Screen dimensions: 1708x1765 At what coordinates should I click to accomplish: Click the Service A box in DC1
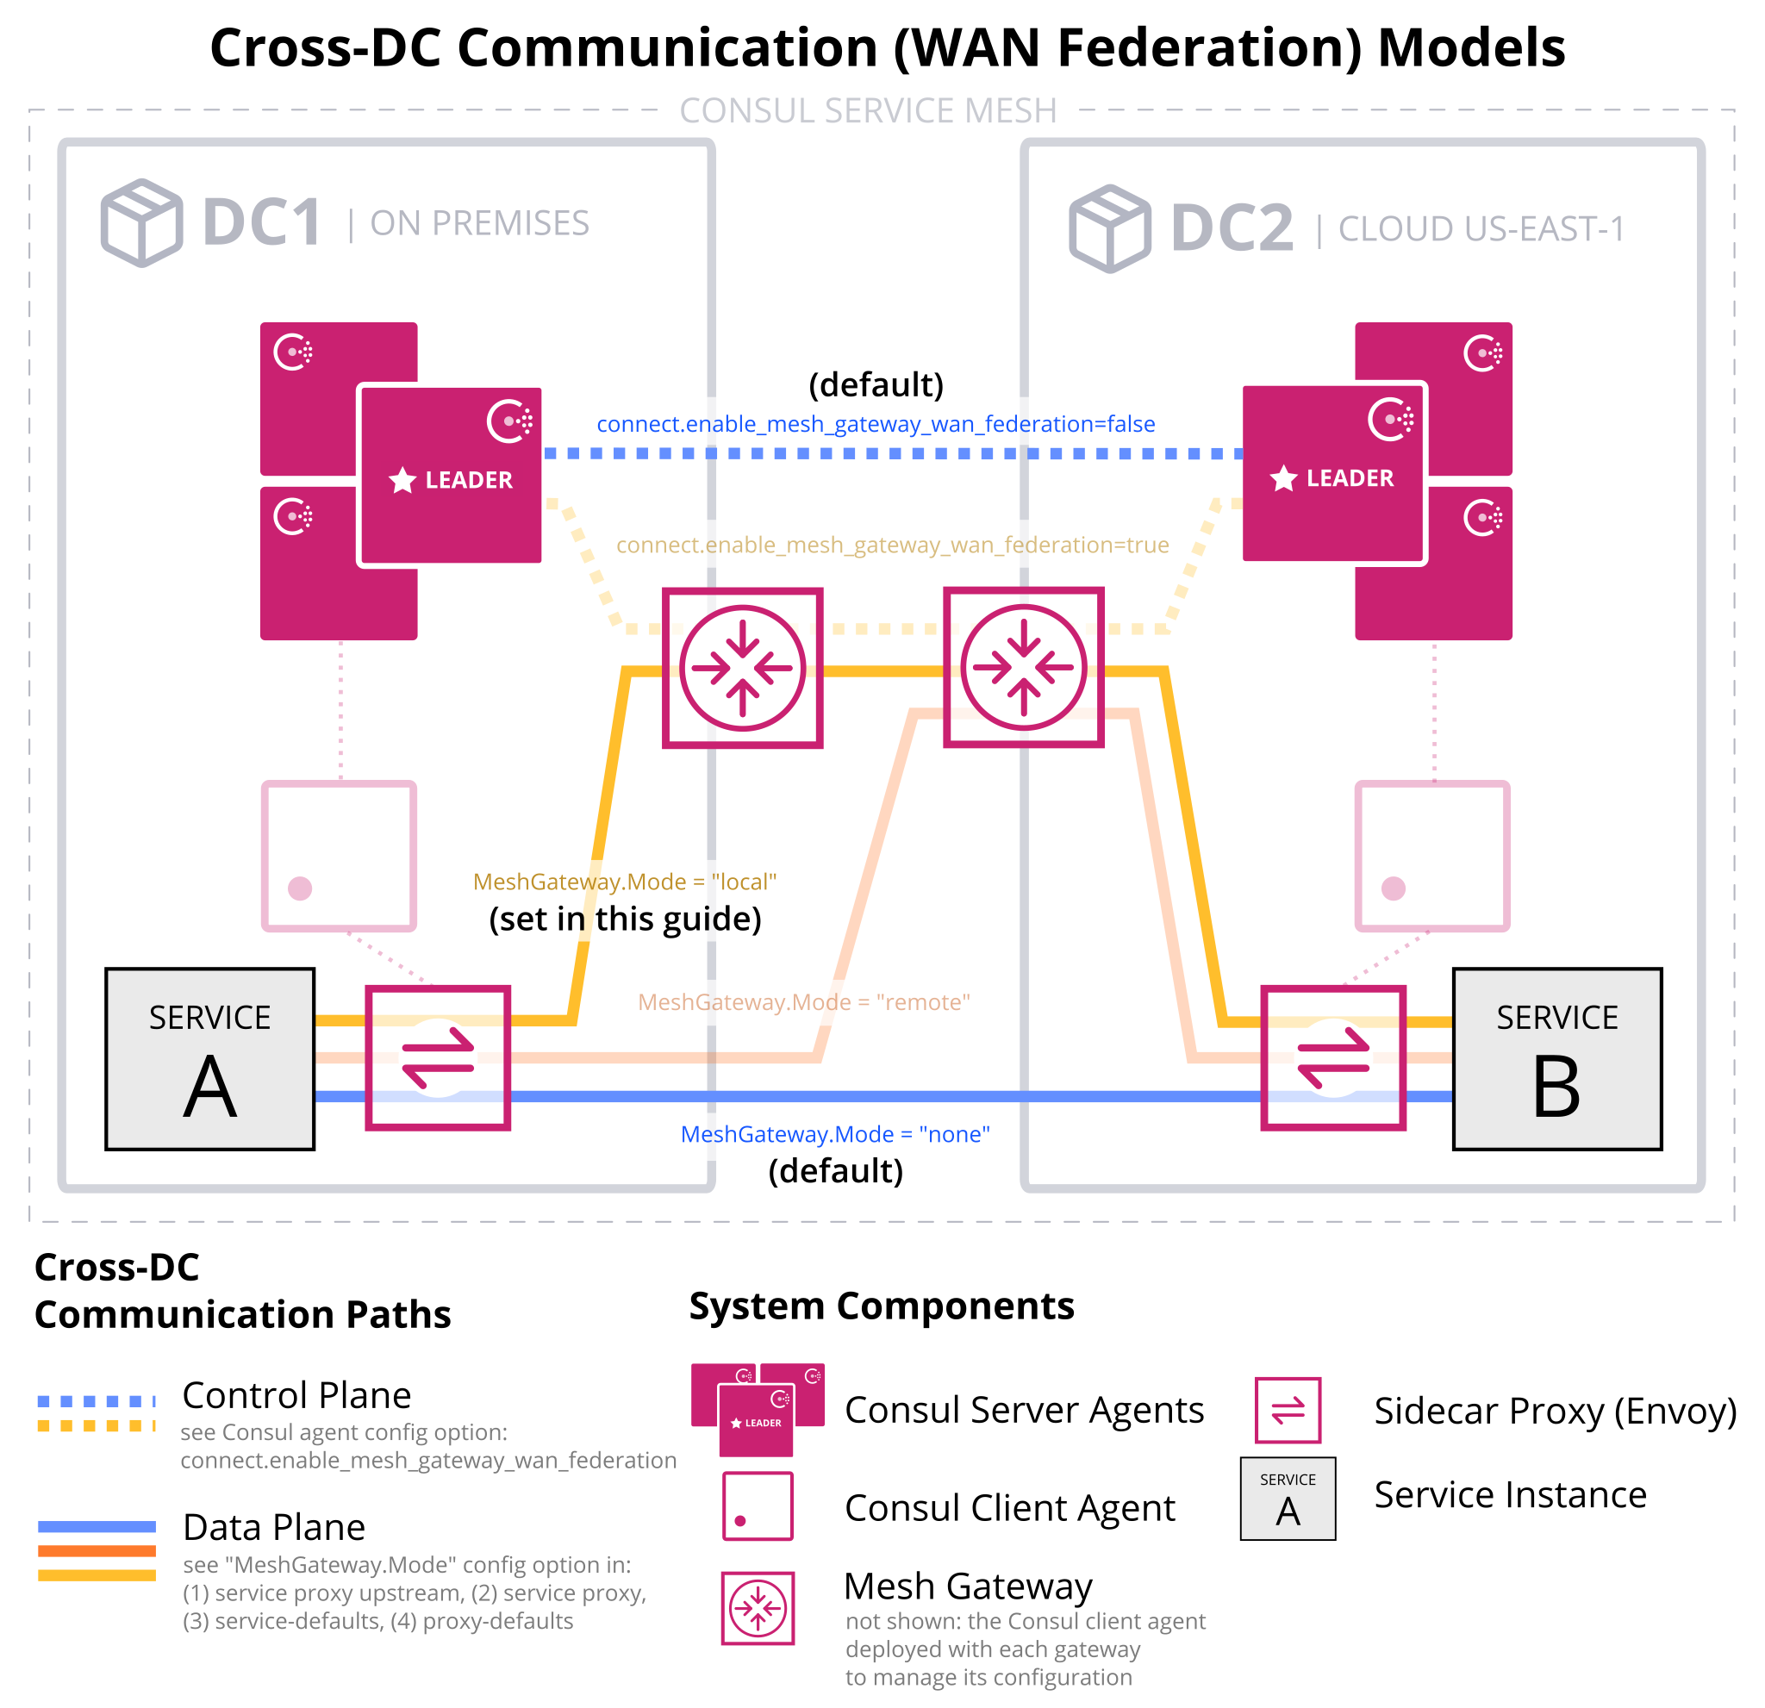(209, 1059)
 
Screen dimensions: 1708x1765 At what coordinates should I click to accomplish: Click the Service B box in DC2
(1556, 1059)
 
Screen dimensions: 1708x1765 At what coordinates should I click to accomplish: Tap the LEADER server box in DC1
(450, 476)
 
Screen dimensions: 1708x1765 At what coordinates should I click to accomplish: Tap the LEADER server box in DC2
(1333, 474)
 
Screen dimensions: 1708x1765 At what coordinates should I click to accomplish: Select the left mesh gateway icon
(742, 668)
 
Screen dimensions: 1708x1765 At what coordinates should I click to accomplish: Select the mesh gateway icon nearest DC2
(1023, 667)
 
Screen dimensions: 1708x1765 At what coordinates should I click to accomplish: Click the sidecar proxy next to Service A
(438, 1057)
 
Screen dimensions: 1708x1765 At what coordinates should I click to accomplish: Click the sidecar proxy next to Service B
(1332, 1057)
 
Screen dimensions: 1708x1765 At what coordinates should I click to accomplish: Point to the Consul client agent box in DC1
(339, 856)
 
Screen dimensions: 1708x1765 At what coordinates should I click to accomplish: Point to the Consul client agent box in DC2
(1431, 856)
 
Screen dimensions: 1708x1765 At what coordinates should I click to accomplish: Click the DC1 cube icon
(141, 222)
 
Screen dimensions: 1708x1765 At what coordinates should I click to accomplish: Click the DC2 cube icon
(1109, 228)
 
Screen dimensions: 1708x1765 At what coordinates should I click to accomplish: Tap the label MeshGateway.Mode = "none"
(835, 1133)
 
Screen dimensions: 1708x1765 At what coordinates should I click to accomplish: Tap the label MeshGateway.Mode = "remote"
(803, 1002)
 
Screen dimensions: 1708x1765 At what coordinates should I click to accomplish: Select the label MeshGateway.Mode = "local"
(624, 882)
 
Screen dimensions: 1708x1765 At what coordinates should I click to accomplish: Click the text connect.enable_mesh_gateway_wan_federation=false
(876, 424)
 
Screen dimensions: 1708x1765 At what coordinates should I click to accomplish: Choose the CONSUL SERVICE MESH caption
(867, 111)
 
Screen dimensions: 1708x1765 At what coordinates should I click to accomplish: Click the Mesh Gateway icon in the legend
(758, 1608)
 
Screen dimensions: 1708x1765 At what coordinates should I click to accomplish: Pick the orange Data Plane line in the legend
(97, 1550)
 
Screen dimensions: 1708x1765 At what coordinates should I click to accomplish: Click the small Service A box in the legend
(1287, 1499)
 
